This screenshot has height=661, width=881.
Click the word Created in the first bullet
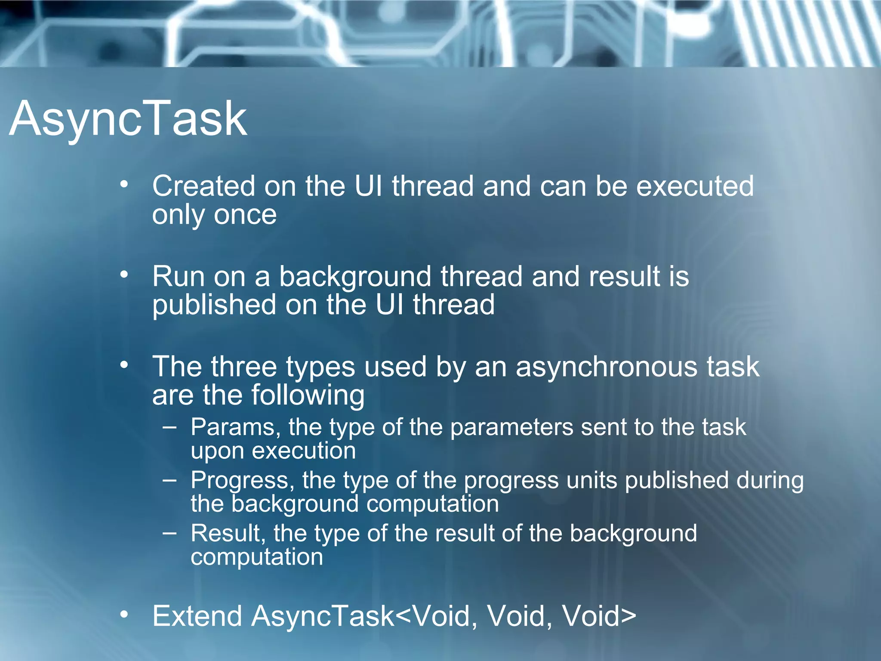pos(203,186)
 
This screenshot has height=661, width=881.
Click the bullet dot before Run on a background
pos(124,274)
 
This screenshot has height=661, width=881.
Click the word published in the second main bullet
pos(214,305)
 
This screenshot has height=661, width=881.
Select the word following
pos(308,395)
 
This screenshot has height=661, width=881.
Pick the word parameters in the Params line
pos(511,428)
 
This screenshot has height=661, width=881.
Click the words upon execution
pos(273,451)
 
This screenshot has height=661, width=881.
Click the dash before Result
pos(170,533)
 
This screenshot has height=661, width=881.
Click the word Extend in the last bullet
pos(197,616)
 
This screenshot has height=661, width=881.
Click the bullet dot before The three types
pos(124,365)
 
